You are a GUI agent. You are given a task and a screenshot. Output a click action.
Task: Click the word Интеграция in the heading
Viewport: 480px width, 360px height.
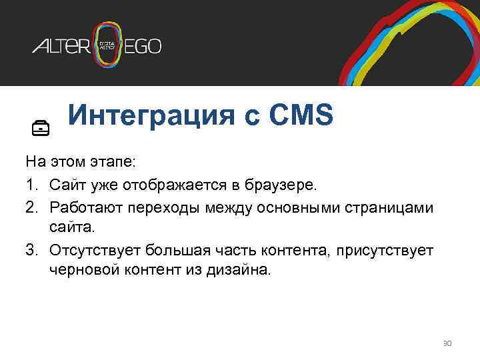150,115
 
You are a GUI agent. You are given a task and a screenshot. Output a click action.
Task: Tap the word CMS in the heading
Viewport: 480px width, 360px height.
299,115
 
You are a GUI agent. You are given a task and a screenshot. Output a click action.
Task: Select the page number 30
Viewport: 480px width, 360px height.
447,343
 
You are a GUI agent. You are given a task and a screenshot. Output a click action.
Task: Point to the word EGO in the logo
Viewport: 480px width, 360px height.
144,46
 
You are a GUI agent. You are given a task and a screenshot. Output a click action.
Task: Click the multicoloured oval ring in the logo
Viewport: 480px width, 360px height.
109,45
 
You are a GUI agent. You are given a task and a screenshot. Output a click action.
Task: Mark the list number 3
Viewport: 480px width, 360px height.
31,251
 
